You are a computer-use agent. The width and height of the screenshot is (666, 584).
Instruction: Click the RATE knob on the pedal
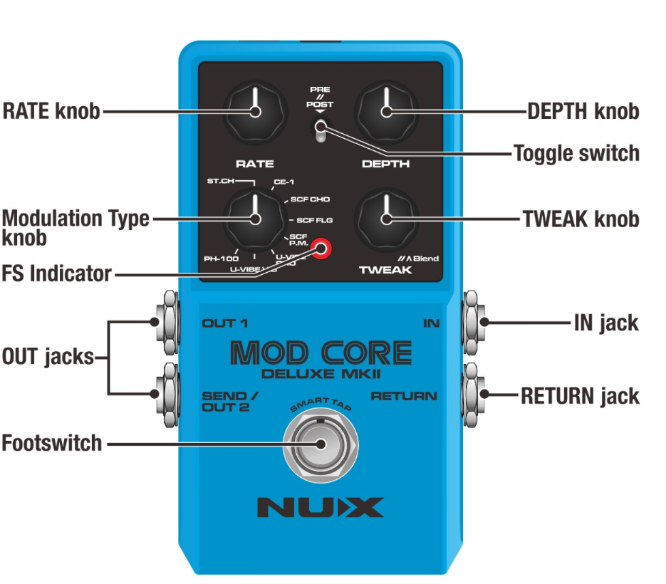pyautogui.click(x=254, y=111)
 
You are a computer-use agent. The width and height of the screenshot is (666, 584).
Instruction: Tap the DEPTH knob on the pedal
pyautogui.click(x=385, y=111)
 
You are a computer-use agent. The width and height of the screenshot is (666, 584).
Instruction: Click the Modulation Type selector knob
pyautogui.click(x=254, y=219)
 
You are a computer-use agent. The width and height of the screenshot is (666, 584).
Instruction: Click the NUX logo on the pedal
pyautogui.click(x=320, y=507)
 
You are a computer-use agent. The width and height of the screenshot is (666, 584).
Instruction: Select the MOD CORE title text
pyautogui.click(x=321, y=353)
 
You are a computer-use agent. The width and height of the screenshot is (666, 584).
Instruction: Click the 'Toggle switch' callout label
pyautogui.click(x=576, y=153)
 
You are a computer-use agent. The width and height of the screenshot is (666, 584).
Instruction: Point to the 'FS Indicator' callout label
pyautogui.click(x=56, y=273)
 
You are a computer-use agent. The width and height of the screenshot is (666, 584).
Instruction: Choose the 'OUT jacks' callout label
pyautogui.click(x=48, y=356)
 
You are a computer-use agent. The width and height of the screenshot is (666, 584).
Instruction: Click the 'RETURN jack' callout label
pyautogui.click(x=579, y=396)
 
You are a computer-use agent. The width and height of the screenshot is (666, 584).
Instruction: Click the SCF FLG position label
pyautogui.click(x=314, y=219)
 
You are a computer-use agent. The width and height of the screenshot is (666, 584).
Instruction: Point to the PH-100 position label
pyautogui.click(x=223, y=259)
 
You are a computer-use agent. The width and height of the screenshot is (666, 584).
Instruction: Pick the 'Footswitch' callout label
pyautogui.click(x=51, y=443)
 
